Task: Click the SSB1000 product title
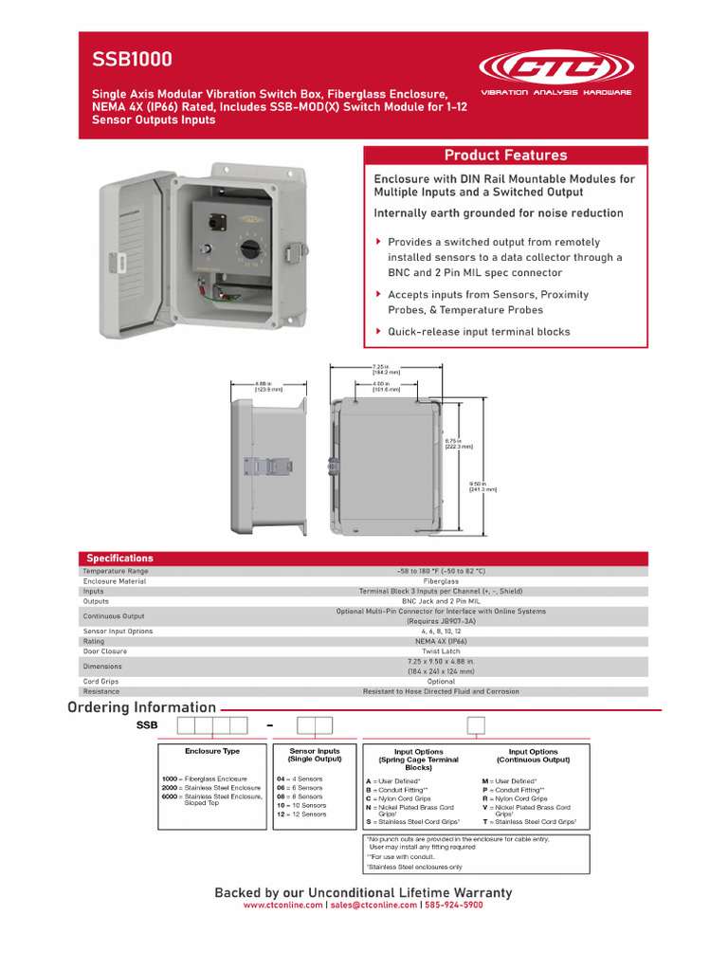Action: tap(132, 60)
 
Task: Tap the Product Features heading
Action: tap(505, 156)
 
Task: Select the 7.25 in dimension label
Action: tap(386, 370)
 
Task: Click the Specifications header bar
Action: tap(119, 559)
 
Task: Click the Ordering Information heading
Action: tap(141, 707)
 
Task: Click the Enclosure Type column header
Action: tap(212, 751)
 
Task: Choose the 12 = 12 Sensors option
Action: tap(300, 814)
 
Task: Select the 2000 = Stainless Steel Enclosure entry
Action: tap(210, 787)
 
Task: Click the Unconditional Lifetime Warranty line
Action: tap(363, 892)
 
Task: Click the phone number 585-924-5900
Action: tap(453, 906)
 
